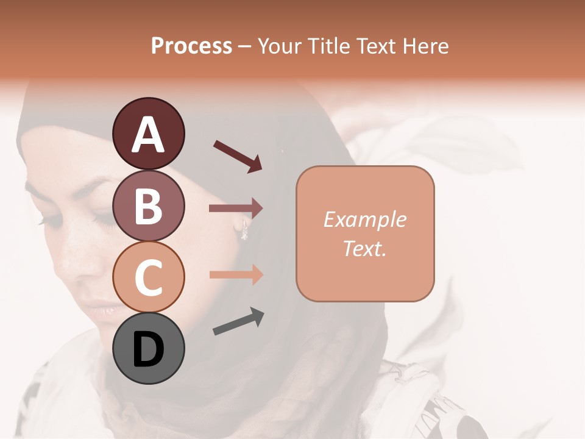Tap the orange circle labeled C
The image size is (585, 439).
click(x=148, y=278)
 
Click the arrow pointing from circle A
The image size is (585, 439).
click(x=238, y=155)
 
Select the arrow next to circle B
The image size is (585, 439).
click(x=236, y=209)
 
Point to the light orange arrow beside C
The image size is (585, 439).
click(x=236, y=274)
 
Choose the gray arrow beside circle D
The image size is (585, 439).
click(x=238, y=321)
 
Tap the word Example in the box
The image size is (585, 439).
click(x=364, y=220)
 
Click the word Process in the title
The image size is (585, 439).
click(x=191, y=46)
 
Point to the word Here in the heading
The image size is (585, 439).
click(x=427, y=46)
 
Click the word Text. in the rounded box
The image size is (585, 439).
click(x=364, y=248)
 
